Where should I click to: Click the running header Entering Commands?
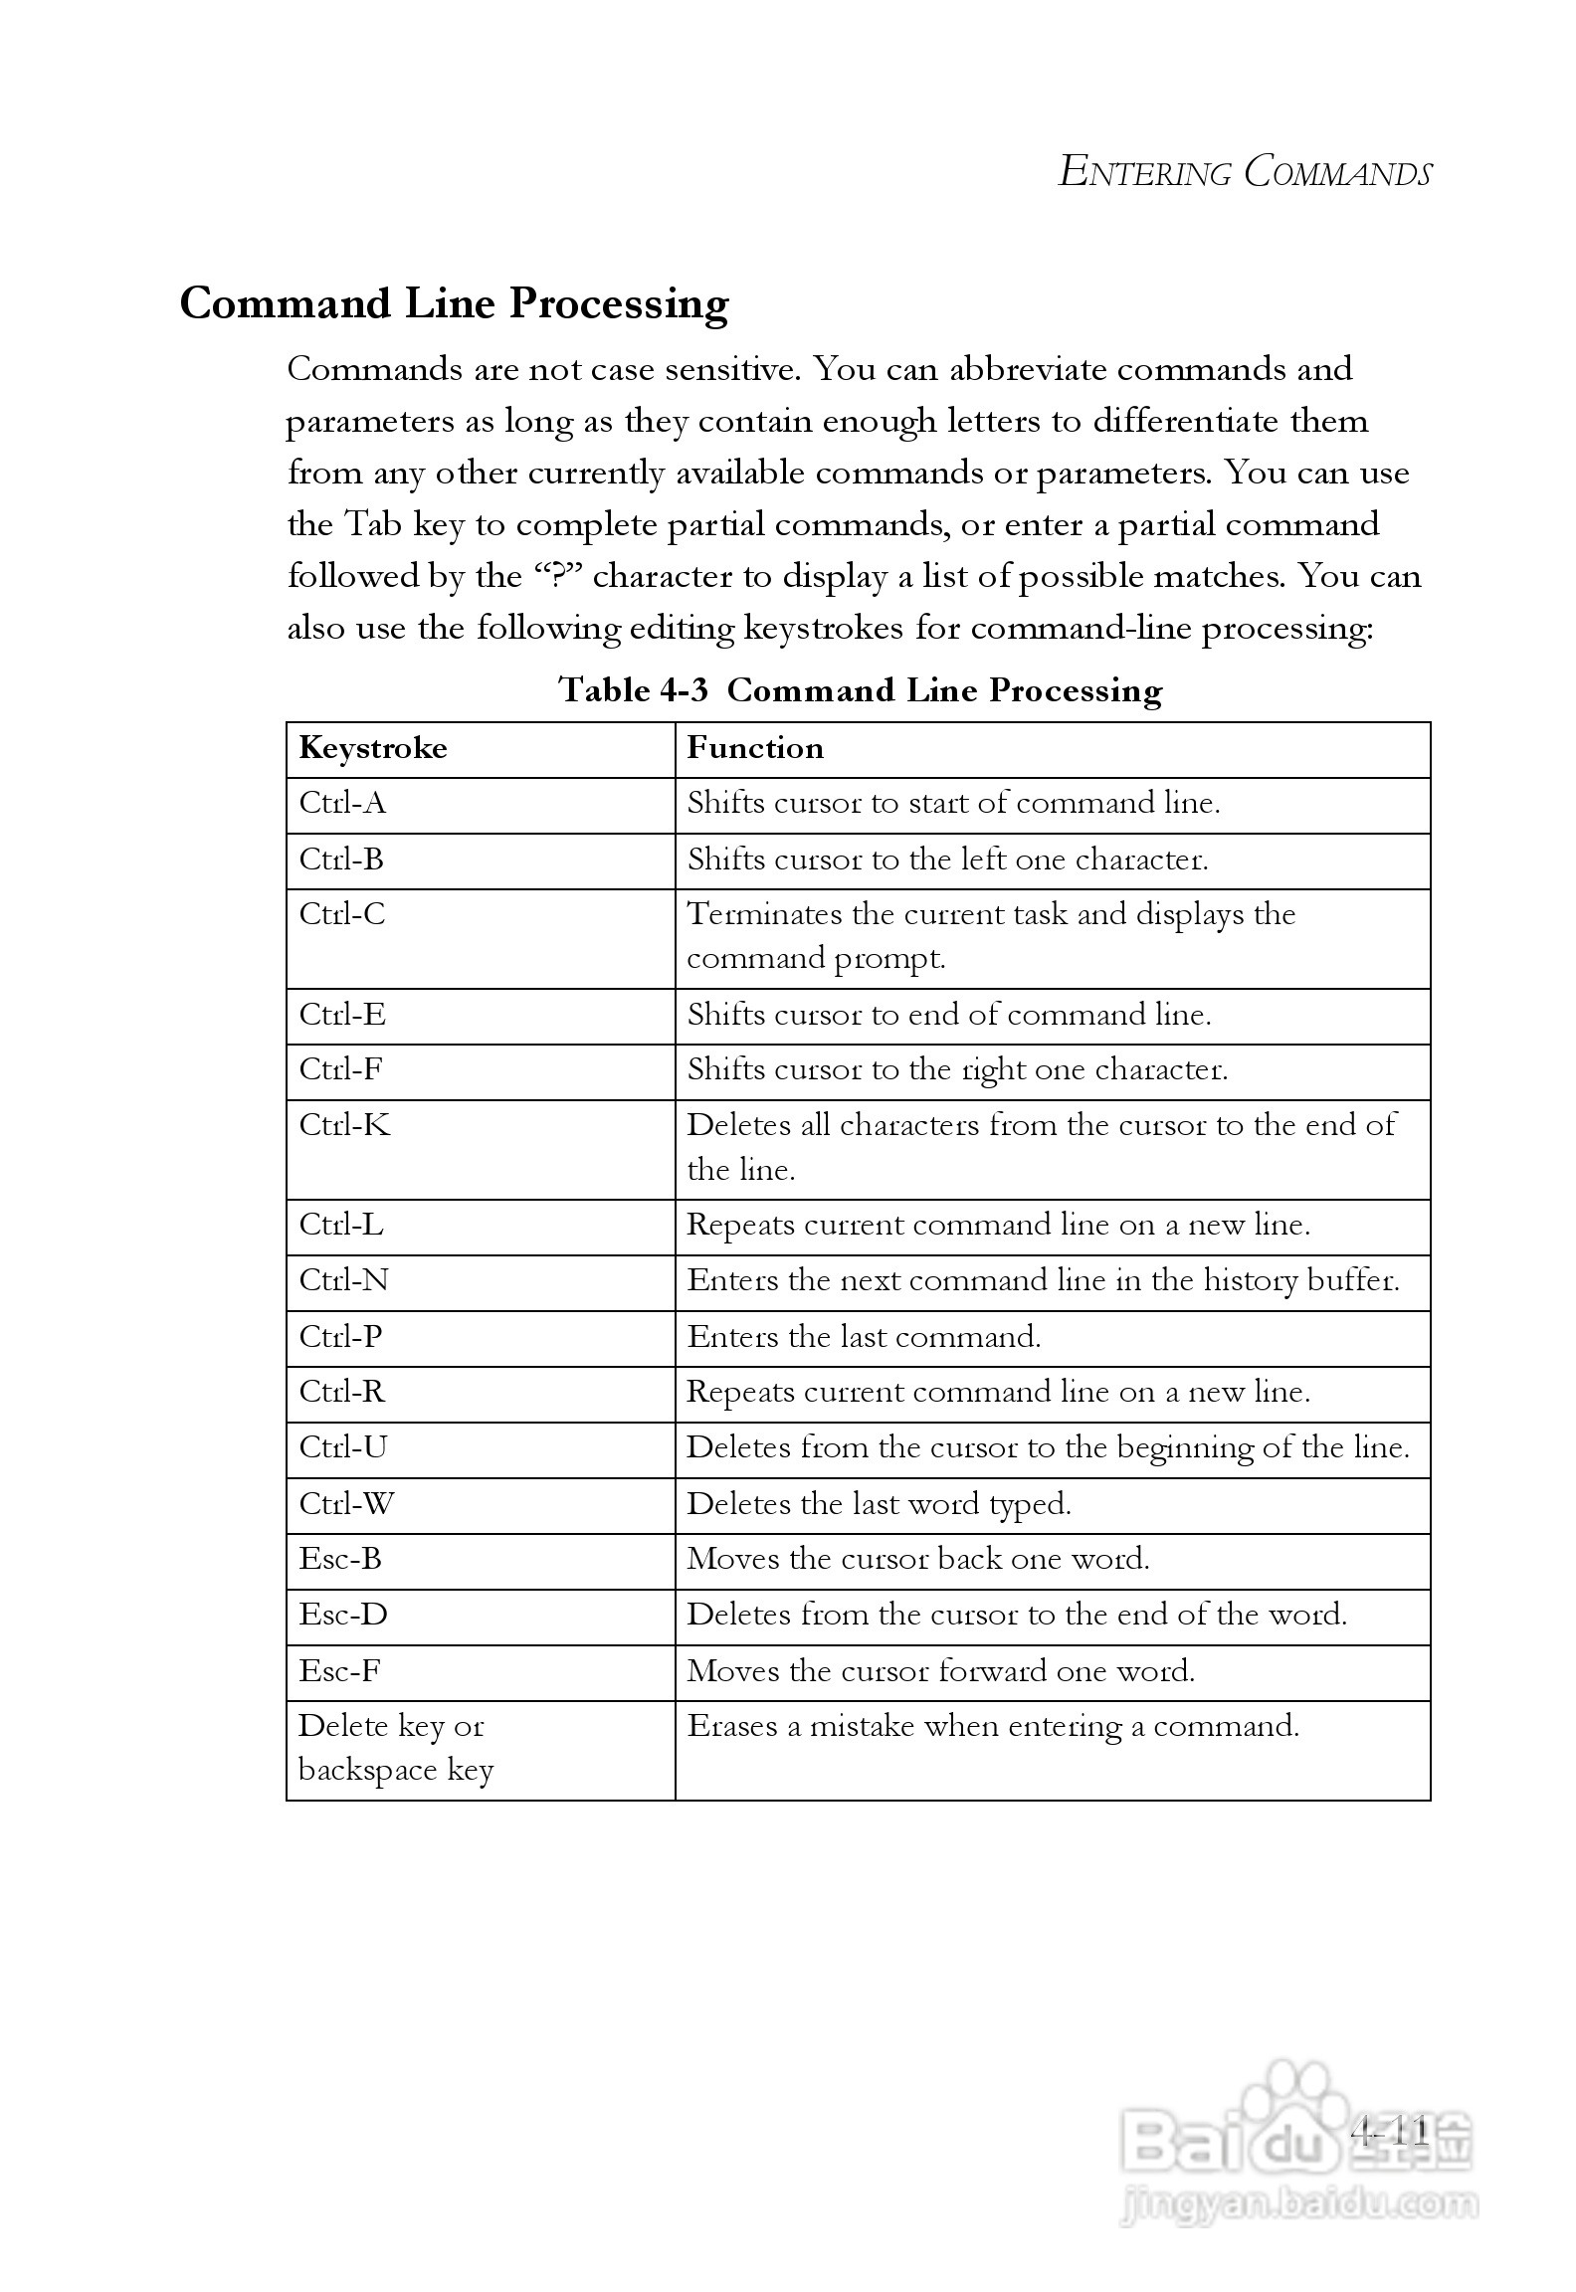click(1244, 172)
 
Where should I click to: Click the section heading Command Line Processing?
click(454, 303)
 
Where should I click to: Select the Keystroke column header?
click(373, 748)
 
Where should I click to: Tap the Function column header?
click(755, 748)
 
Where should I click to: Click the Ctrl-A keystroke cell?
click(342, 803)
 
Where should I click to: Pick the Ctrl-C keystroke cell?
click(342, 914)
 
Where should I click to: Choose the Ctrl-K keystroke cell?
click(344, 1125)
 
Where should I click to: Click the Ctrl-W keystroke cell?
click(346, 1503)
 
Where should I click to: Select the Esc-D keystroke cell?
click(343, 1615)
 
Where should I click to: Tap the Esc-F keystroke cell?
click(339, 1670)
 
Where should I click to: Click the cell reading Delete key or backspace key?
click(395, 1748)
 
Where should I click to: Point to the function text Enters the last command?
click(864, 1336)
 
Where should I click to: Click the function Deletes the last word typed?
click(879, 1503)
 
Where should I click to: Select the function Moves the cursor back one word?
click(917, 1559)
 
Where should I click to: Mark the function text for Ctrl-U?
click(1048, 1447)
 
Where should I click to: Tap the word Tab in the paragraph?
click(372, 524)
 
